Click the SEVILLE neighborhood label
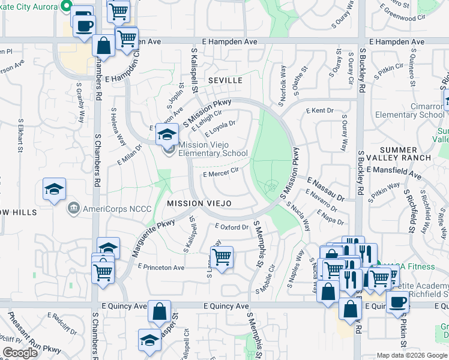[x=225, y=80]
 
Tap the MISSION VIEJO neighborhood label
[x=199, y=204]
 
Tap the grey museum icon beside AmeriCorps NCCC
[x=73, y=209]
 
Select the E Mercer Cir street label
[x=221, y=172]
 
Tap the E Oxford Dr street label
[x=232, y=227]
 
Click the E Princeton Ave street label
[x=161, y=267]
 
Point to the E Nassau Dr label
[x=326, y=188]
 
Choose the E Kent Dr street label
[x=319, y=111]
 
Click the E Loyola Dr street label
[x=220, y=128]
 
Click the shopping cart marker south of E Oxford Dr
[x=222, y=257]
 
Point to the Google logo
[x=20, y=353]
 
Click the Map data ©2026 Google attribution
[x=411, y=355]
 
